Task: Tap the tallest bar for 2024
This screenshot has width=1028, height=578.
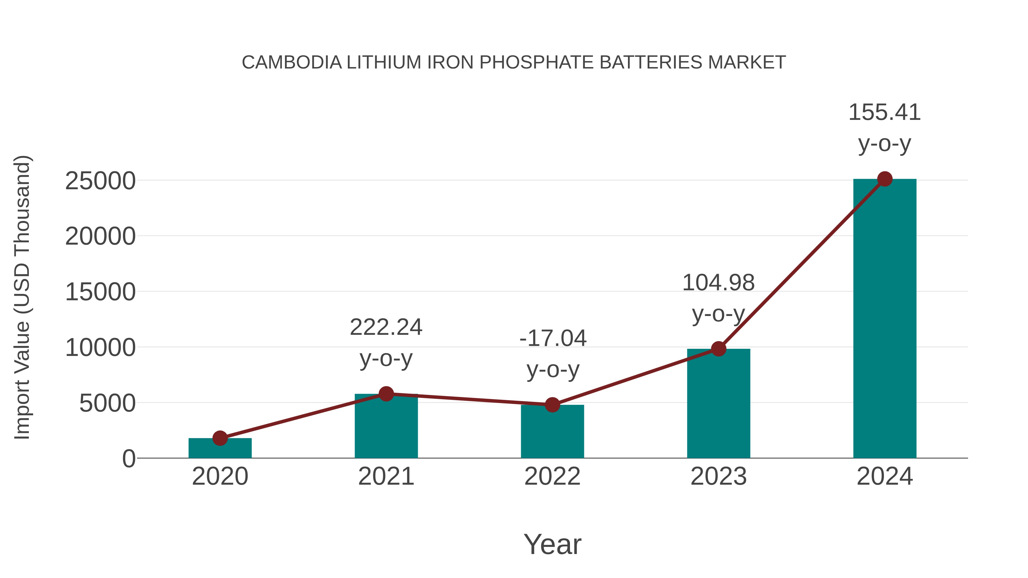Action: (x=885, y=319)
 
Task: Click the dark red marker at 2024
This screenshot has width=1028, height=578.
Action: (x=885, y=179)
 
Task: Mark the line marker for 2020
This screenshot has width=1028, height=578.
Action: (x=220, y=438)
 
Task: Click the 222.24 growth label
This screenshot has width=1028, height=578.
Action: (x=386, y=327)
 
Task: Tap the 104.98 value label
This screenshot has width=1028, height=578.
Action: (x=718, y=283)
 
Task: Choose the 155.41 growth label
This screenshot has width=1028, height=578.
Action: (x=884, y=112)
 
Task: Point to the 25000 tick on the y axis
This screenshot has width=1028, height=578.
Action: (x=100, y=181)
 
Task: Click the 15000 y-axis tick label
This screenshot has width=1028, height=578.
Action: (x=100, y=292)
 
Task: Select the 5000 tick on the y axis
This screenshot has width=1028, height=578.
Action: (x=107, y=403)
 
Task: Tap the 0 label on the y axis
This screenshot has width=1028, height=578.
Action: (x=129, y=459)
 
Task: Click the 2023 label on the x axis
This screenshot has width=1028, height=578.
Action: (x=718, y=476)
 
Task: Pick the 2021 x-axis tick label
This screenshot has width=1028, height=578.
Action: (x=386, y=476)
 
